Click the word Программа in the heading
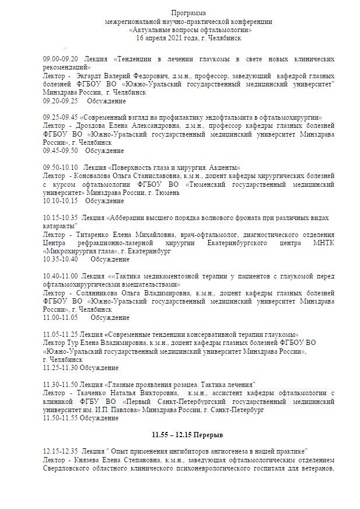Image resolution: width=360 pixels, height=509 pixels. [x=188, y=13]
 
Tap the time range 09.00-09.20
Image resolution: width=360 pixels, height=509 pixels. [x=61, y=60]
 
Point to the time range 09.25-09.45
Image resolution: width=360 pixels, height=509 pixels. [x=61, y=117]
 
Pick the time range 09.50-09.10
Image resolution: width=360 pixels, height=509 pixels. [x=61, y=167]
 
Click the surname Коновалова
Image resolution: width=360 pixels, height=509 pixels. [x=95, y=175]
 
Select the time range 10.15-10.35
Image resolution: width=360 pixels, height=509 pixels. [x=61, y=217]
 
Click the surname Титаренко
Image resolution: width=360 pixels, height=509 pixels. [x=94, y=233]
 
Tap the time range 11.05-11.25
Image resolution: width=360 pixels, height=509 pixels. [x=61, y=334]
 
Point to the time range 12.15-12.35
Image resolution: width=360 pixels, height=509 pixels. [x=61, y=452]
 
